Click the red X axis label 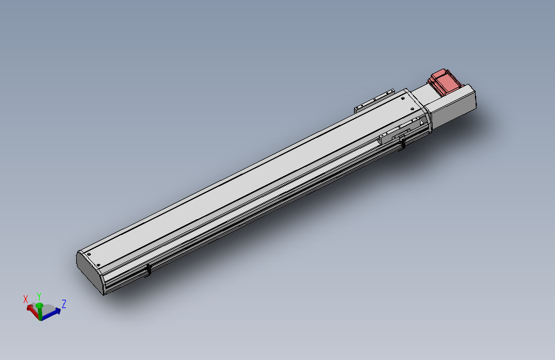pyautogui.click(x=26, y=299)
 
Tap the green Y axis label pyautogui.click(x=39, y=296)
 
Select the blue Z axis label pyautogui.click(x=64, y=304)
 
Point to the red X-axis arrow pyautogui.click(x=33, y=311)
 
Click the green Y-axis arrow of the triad pyautogui.click(x=40, y=311)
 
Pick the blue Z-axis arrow pyautogui.click(x=51, y=314)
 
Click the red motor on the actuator pyautogui.click(x=444, y=82)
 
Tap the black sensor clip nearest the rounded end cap pyautogui.click(x=149, y=270)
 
